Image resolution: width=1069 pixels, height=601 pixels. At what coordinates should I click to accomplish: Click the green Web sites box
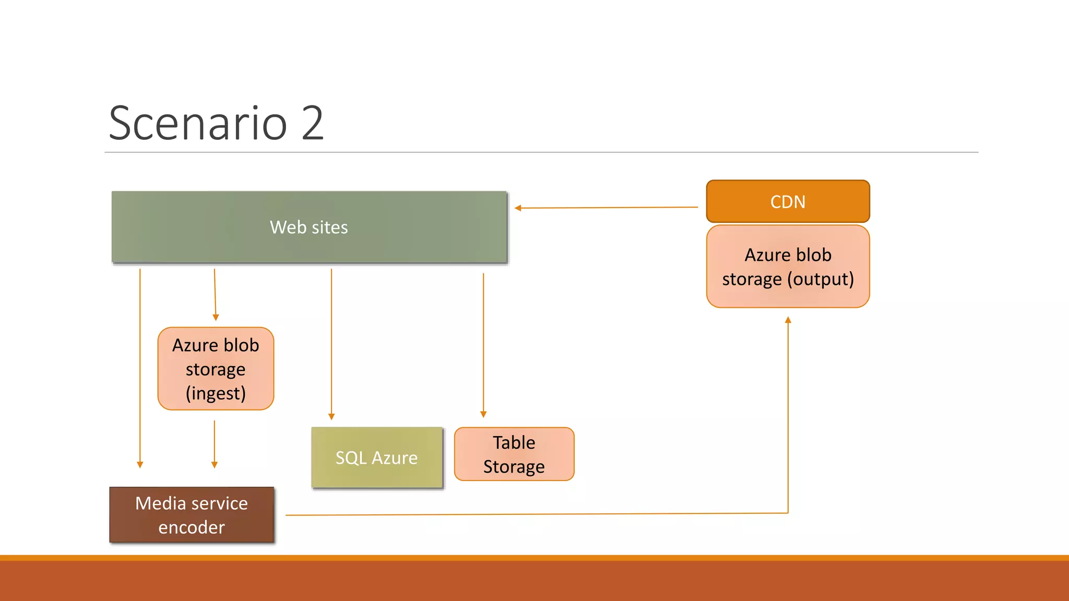click(x=309, y=227)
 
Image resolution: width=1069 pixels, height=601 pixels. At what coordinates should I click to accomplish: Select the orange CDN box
click(x=788, y=201)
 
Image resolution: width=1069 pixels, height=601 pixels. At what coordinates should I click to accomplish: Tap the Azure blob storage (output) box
click(x=788, y=267)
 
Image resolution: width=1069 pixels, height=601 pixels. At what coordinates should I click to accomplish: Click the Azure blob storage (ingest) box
click(x=216, y=369)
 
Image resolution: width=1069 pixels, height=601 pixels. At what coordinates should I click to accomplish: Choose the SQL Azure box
click(x=376, y=458)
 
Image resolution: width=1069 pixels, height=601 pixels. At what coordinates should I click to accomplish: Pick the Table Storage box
click(x=514, y=454)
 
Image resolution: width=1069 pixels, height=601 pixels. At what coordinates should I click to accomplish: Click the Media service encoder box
click(x=192, y=515)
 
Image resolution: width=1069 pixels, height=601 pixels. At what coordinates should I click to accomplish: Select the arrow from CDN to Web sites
click(x=605, y=208)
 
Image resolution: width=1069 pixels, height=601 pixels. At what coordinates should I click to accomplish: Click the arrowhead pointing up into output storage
click(x=788, y=320)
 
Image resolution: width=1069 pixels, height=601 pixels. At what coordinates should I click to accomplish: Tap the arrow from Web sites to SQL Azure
click(x=331, y=344)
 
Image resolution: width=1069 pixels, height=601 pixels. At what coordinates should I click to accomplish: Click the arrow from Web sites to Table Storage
click(x=483, y=344)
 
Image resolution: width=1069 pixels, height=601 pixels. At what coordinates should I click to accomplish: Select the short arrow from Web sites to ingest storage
click(x=215, y=295)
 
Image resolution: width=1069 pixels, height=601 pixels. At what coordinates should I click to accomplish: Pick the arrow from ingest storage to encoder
click(x=215, y=443)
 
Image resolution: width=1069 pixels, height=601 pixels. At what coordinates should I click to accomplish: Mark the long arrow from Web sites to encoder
click(x=140, y=365)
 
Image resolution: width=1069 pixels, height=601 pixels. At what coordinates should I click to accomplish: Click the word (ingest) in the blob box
click(x=216, y=393)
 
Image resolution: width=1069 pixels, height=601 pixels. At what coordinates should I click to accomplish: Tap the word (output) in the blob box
click(x=820, y=279)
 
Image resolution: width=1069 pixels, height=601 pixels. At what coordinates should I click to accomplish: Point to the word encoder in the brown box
click(x=192, y=527)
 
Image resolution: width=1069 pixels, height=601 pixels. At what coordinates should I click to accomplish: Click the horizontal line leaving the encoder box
click(x=522, y=514)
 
